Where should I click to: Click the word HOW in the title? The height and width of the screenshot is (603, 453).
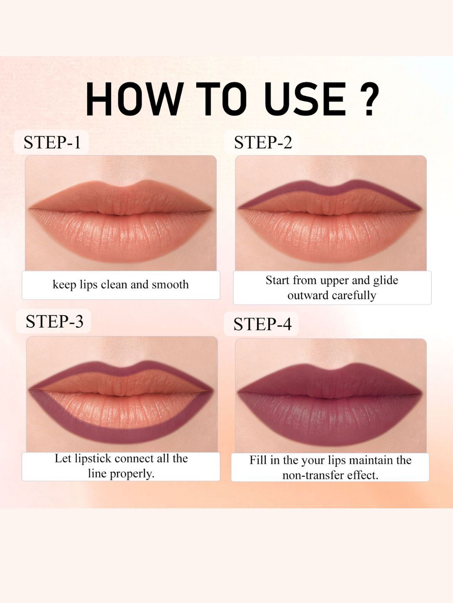coord(135,99)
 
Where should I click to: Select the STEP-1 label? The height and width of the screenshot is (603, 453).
coord(52,142)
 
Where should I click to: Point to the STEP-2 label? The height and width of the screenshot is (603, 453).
coord(263,142)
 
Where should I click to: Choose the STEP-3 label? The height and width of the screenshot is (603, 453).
coord(54,321)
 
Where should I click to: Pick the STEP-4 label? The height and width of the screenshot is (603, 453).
coord(262,324)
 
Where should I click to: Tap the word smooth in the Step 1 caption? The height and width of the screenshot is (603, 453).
coord(170,285)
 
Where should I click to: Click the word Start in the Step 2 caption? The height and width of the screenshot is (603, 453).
coord(278,281)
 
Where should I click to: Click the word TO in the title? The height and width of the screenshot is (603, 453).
coord(223,99)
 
